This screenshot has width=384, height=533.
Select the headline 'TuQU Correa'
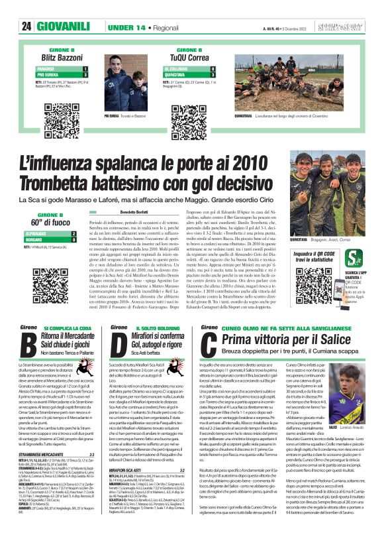click(193, 58)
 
